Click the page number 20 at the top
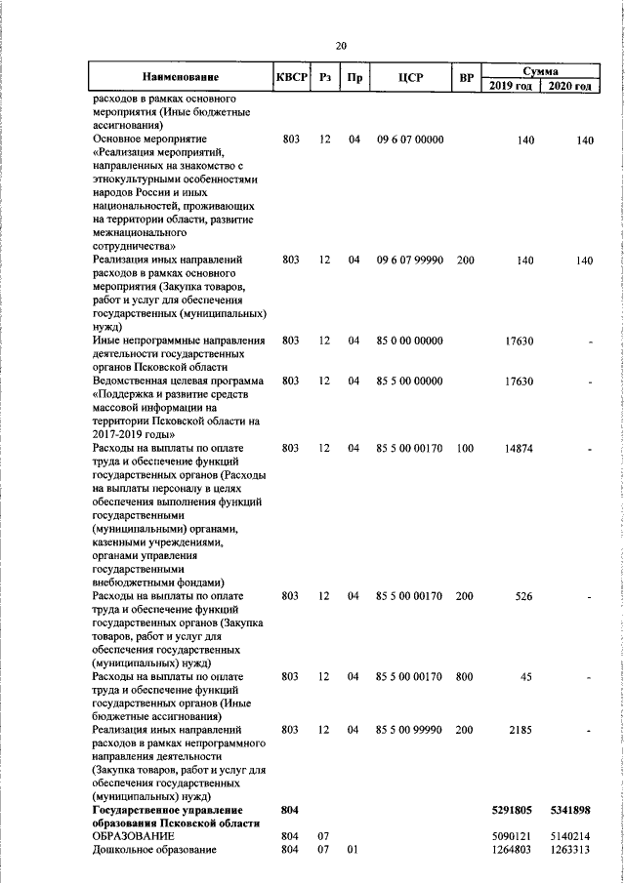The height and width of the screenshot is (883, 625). (341, 46)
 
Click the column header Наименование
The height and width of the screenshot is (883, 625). (180, 77)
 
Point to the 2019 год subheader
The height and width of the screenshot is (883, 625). (509, 87)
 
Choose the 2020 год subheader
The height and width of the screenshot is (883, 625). (569, 87)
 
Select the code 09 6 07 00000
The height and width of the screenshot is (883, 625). (410, 140)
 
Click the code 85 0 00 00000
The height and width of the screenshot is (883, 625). (410, 341)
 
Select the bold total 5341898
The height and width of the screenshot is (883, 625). (571, 810)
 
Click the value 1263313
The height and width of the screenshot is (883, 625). (572, 850)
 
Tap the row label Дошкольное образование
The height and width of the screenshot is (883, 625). (153, 850)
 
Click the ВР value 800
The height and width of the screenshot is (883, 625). (465, 676)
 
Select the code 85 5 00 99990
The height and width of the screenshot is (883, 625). (410, 730)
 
